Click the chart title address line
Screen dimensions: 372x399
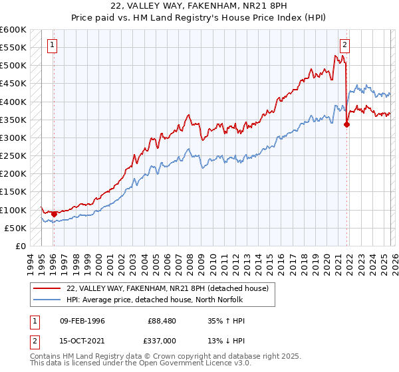(x=199, y=7)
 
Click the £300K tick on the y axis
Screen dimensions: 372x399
(x=13, y=138)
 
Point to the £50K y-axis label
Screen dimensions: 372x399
(x=15, y=228)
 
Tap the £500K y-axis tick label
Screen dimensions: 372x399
(x=13, y=66)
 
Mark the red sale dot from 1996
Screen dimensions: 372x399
(x=54, y=214)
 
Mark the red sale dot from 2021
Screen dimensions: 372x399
(x=346, y=124)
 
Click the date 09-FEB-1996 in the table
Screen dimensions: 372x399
(x=82, y=320)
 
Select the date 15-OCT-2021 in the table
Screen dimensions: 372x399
(x=82, y=341)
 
